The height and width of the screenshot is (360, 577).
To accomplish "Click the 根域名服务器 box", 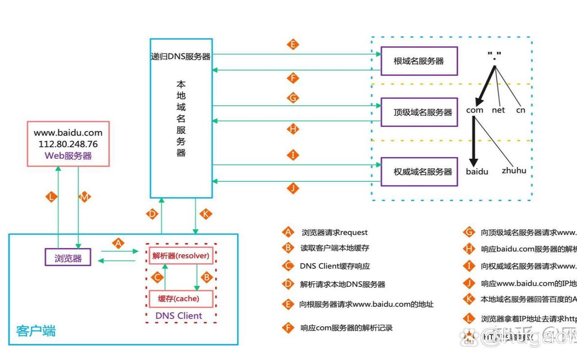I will pyautogui.click(x=419, y=61).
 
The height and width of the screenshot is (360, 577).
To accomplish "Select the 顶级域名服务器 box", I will pyautogui.click(x=419, y=112).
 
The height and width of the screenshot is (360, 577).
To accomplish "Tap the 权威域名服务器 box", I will pyautogui.click(x=419, y=171).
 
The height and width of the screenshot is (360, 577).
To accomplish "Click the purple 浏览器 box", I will pyautogui.click(x=68, y=258).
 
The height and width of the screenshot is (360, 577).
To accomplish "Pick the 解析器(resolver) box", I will pyautogui.click(x=181, y=256).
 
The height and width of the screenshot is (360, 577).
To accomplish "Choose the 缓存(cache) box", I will pyautogui.click(x=181, y=299).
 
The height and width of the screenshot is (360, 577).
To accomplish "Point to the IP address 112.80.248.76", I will pyautogui.click(x=68, y=144).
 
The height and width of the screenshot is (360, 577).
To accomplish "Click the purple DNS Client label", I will pyautogui.click(x=179, y=315).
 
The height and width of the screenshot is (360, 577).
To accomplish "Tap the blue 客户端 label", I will pyautogui.click(x=36, y=331).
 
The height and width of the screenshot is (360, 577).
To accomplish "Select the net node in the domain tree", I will pyautogui.click(x=498, y=110).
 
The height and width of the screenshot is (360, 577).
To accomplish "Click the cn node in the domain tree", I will pyautogui.click(x=521, y=110).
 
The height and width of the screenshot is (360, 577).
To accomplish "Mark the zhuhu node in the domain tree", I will pyautogui.click(x=514, y=171).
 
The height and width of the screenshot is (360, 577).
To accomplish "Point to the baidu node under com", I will pyautogui.click(x=477, y=172).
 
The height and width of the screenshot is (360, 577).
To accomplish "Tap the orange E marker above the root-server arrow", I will pyautogui.click(x=293, y=45).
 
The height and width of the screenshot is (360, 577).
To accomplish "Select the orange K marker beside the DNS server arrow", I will pyautogui.click(x=206, y=214).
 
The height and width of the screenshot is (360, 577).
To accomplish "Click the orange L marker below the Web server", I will pyautogui.click(x=52, y=197).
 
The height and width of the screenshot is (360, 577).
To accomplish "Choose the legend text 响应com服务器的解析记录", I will pyautogui.click(x=346, y=328).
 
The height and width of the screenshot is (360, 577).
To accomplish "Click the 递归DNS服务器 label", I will pyautogui.click(x=181, y=57).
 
